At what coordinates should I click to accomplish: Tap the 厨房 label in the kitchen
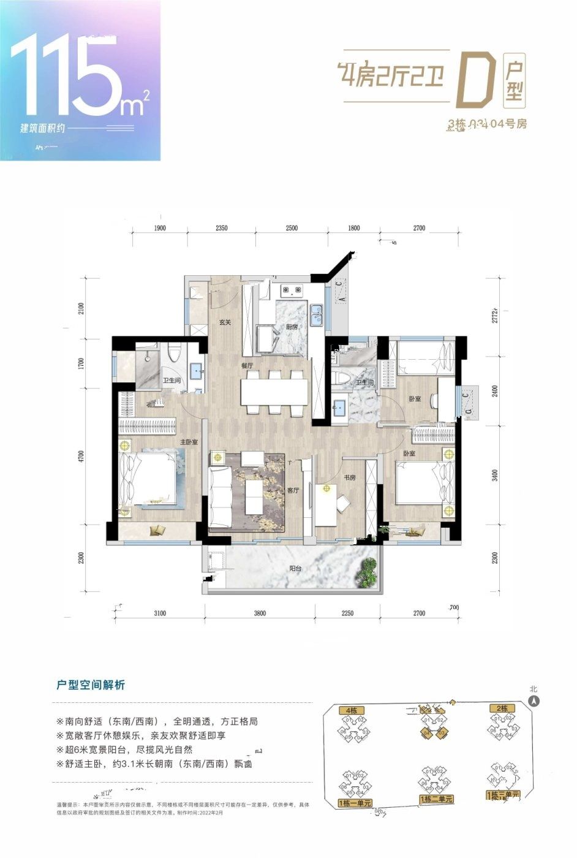point(292,327)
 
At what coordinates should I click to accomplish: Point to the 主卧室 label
point(188,441)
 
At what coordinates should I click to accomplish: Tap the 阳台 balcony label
point(295,569)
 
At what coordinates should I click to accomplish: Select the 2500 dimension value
point(291,228)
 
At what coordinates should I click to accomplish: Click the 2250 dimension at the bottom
point(347,613)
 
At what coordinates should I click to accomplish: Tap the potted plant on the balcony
point(366,571)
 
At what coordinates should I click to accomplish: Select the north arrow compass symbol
point(534,701)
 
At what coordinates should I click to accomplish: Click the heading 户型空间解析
point(91,685)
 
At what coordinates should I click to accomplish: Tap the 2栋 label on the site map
point(502,708)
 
